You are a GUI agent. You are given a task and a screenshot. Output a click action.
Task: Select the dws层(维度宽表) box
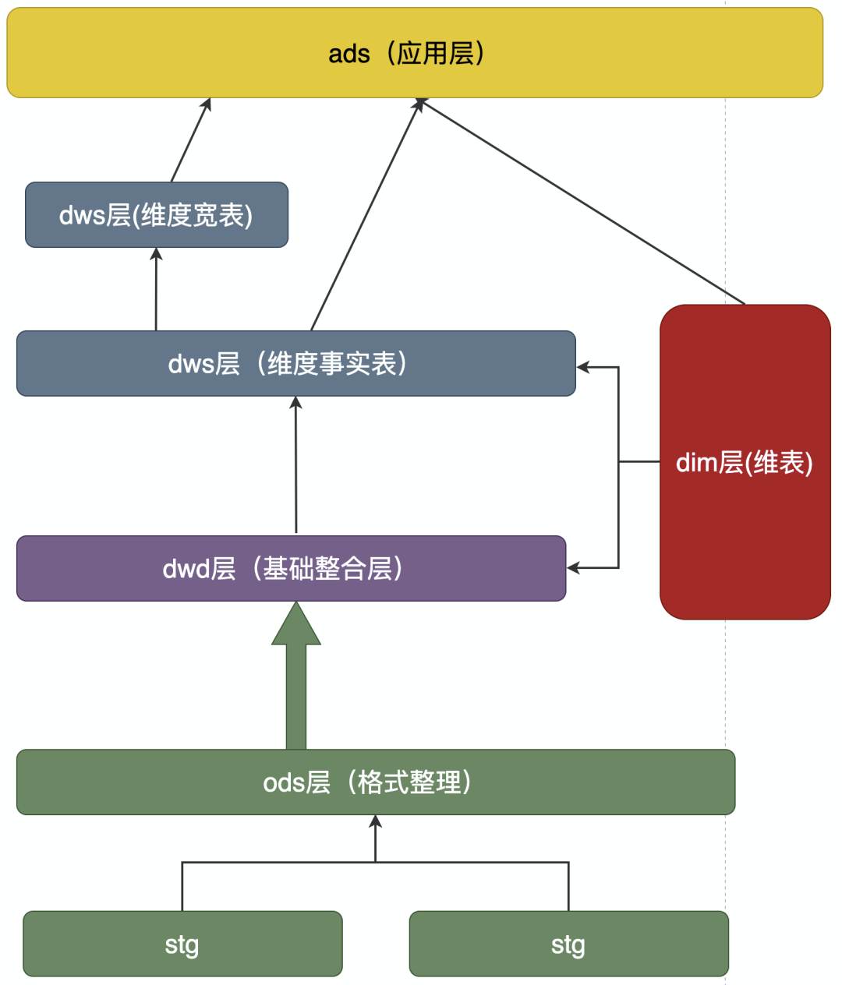coord(156,215)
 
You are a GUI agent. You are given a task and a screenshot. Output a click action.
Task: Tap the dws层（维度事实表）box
coord(295,363)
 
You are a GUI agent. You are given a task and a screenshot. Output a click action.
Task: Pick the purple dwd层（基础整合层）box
coord(291,568)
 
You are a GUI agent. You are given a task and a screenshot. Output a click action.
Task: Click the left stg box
coord(182,944)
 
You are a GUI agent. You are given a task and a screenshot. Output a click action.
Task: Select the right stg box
coord(568,944)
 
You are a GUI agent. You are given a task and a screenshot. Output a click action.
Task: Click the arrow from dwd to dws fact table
coord(295,468)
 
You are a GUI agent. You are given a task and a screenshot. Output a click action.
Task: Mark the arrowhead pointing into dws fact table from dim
coord(583,367)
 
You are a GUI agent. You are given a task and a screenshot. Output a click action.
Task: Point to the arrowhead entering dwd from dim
coord(574,568)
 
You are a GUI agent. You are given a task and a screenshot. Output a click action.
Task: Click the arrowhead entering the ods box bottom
coord(376,821)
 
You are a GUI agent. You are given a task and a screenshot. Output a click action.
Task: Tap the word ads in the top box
coord(348,54)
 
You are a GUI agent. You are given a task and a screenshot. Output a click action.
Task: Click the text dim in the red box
coord(695,463)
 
